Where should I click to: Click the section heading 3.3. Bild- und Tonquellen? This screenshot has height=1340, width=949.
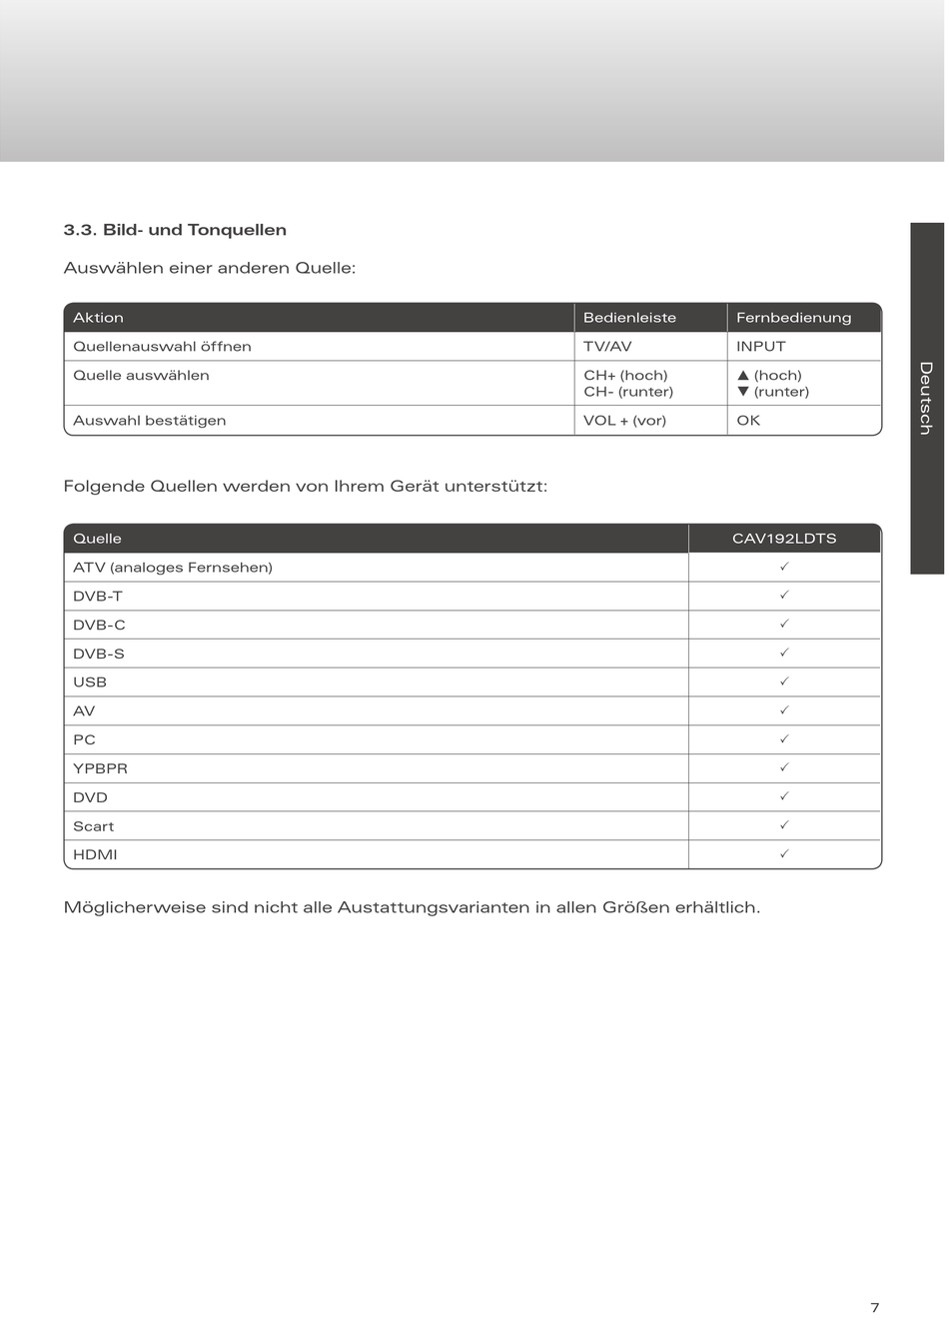coord(175,230)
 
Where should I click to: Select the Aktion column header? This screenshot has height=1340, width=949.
coord(98,318)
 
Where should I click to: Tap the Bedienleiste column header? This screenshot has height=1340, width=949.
coord(629,318)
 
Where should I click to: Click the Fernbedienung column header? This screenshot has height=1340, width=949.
coord(793,318)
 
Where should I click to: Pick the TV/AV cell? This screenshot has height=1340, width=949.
coord(607,347)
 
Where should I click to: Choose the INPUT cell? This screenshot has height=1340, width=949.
coord(760,347)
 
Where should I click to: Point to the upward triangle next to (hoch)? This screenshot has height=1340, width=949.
coord(743,376)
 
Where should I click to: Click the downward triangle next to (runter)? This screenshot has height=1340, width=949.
coord(743,392)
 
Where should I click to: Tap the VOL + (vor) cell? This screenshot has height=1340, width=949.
coord(624,421)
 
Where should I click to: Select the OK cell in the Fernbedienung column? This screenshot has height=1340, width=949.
coord(748,421)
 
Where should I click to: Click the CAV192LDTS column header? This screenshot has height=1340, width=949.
coord(784,539)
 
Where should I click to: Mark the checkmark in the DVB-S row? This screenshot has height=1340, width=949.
coord(784,653)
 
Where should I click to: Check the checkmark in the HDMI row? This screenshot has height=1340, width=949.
coord(784,854)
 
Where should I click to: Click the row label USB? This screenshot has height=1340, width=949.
coord(90,682)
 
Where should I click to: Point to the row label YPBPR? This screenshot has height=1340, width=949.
coord(100,768)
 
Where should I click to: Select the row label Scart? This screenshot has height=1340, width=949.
coord(93,826)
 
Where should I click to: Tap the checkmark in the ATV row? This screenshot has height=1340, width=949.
coord(784,567)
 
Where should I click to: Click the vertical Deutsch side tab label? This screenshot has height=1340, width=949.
coord(926,398)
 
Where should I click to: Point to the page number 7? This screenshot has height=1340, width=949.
coord(875,1308)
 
